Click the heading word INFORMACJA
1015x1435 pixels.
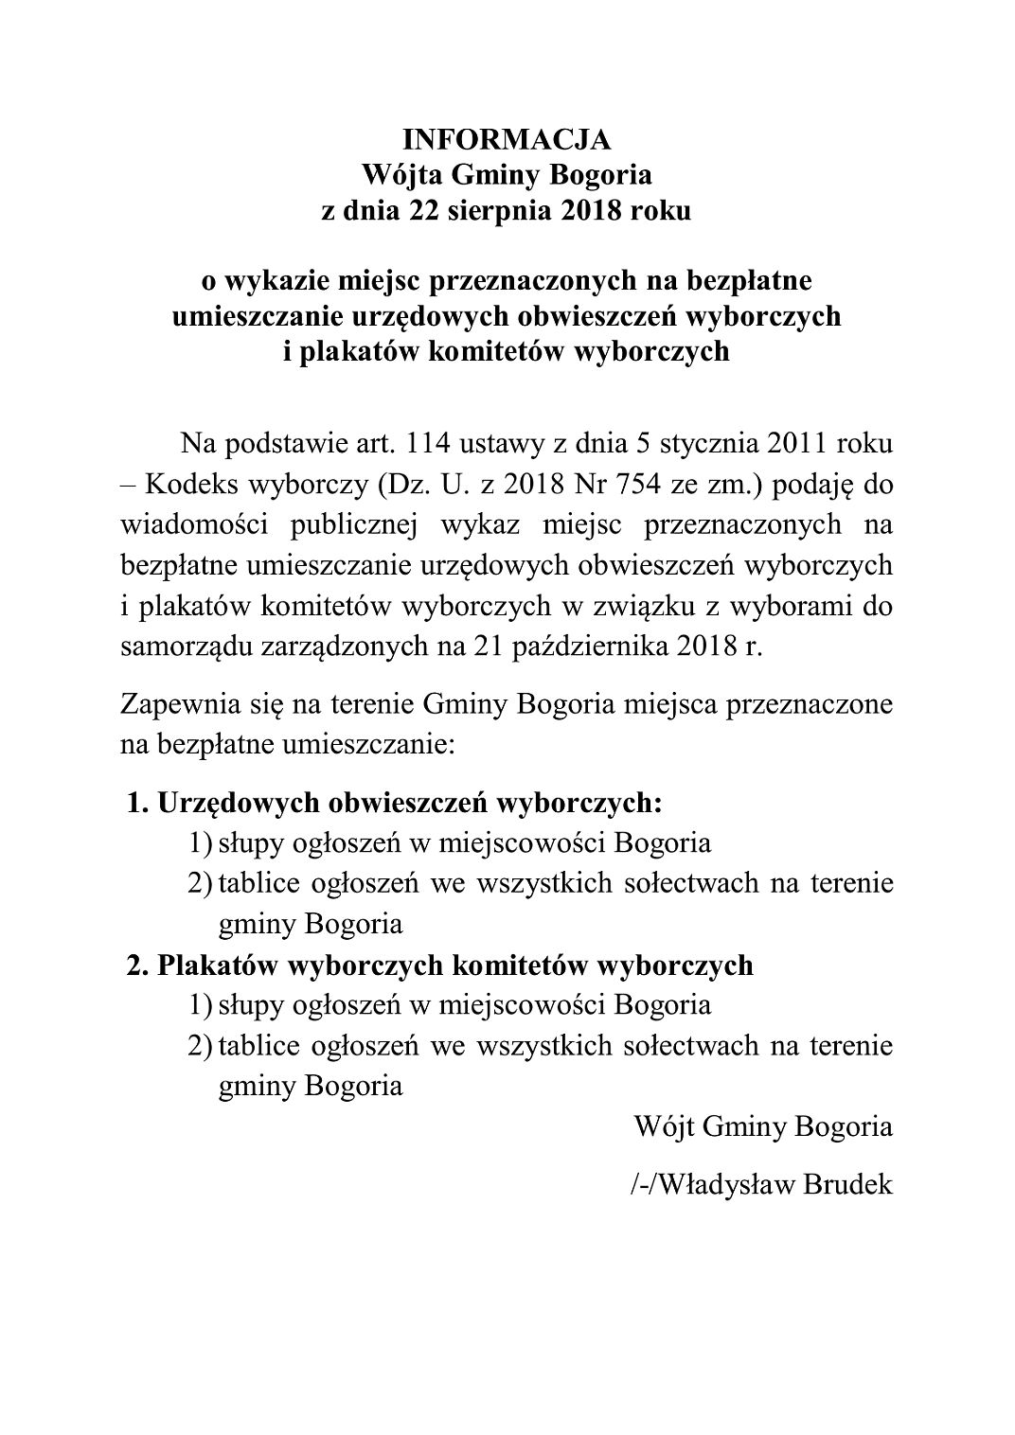(x=507, y=140)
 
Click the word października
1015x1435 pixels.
(x=548, y=647)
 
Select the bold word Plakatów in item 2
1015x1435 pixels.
(x=214, y=965)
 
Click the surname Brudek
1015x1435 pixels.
(x=848, y=1184)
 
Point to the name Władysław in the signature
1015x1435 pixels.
(x=724, y=1184)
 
